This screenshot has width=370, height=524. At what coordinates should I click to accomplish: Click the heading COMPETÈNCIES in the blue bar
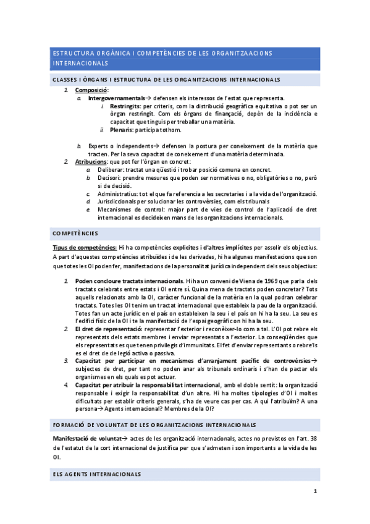point(75,233)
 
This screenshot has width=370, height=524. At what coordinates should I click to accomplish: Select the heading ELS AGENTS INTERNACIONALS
point(96,474)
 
